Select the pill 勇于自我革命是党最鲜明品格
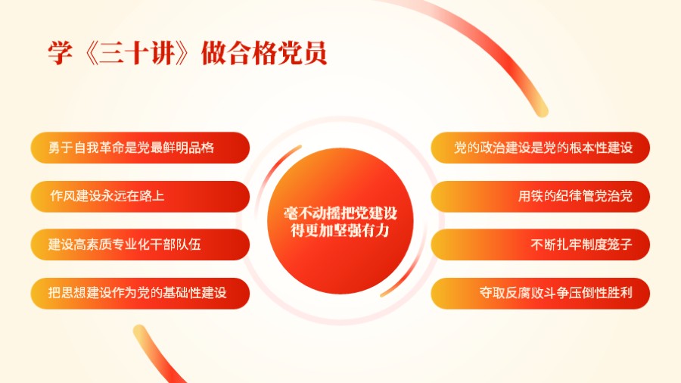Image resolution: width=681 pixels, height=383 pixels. (x=140, y=148)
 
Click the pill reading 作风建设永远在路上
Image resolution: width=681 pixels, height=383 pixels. (x=140, y=196)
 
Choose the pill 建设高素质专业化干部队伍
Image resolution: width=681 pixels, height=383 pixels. (x=140, y=244)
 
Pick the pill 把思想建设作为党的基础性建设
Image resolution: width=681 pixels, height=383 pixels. (x=140, y=293)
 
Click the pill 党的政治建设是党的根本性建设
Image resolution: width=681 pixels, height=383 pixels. (x=540, y=148)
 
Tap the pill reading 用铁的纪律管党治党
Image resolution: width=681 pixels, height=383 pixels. (x=540, y=196)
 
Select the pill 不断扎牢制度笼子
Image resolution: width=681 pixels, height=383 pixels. (x=540, y=244)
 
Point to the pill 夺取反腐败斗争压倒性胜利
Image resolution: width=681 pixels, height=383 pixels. (x=540, y=293)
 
